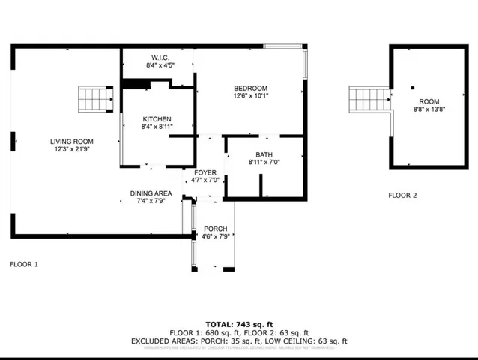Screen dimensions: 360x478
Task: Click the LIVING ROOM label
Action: (71, 142)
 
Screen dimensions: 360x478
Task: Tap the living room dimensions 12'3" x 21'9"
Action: (71, 150)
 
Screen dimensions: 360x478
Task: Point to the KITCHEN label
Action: (157, 119)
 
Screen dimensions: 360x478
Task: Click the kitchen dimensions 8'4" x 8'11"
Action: (157, 127)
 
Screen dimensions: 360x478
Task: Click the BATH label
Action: (263, 154)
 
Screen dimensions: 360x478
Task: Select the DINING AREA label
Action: (151, 193)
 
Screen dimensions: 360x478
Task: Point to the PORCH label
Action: (215, 229)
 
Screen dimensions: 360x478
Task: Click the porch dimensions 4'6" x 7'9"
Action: (215, 237)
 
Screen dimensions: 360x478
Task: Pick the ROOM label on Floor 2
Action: (429, 101)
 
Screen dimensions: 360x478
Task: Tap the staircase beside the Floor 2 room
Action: (369, 97)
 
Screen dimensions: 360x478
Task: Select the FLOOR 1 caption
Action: (24, 264)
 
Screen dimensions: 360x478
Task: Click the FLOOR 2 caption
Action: (402, 196)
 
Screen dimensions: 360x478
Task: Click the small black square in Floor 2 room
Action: (411, 88)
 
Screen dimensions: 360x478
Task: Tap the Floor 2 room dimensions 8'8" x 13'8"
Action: (429, 109)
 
